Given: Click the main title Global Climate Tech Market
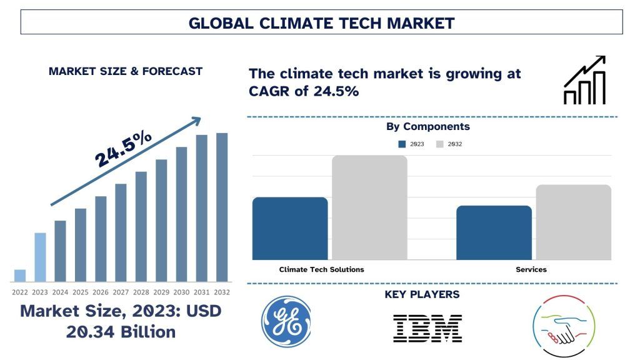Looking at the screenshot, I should (321, 23).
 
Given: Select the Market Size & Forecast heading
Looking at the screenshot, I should (126, 71).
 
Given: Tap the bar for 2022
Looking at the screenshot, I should (20, 275).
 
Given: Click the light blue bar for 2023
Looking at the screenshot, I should (40, 257).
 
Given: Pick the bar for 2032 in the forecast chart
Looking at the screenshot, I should (222, 207).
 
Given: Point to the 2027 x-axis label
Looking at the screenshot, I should (121, 292).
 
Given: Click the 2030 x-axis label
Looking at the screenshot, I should (181, 292).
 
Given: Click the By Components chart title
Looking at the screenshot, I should (427, 126).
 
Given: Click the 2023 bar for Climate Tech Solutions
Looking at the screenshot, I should (290, 228).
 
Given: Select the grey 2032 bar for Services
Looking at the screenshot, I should (573, 222).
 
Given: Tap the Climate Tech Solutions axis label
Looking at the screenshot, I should (321, 269).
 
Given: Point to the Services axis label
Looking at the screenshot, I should (531, 269).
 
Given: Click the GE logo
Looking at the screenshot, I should (286, 321).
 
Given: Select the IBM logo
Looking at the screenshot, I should (427, 327).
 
